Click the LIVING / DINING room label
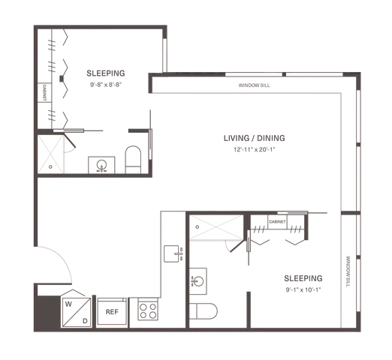click(x=254, y=138)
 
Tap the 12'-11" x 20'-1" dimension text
click(x=255, y=149)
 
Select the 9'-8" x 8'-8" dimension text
click(x=106, y=85)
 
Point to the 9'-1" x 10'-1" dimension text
click(x=303, y=289)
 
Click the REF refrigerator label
click(x=112, y=312)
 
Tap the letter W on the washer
click(x=68, y=304)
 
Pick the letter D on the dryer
click(x=85, y=321)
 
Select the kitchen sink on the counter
click(x=173, y=253)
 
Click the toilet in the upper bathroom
click(x=133, y=160)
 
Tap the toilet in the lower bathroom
click(x=203, y=311)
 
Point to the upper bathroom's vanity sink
click(x=101, y=165)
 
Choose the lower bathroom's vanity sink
click(x=198, y=281)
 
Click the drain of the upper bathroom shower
click(x=50, y=166)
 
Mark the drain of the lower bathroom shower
click(x=198, y=227)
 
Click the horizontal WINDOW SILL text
click(x=254, y=85)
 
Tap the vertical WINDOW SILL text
click(x=348, y=271)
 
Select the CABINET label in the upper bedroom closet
click(x=44, y=92)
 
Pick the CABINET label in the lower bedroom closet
click(x=277, y=222)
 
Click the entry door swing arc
click(x=62, y=257)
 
